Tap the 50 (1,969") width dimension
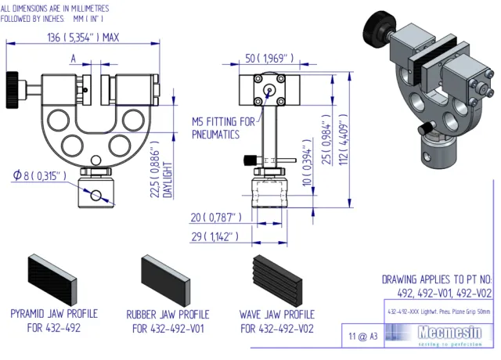pyautogui.click(x=269, y=58)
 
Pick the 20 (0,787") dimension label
pyautogui.click(x=217, y=217)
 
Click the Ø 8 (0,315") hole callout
pyautogui.click(x=37, y=175)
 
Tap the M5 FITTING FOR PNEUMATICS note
pyautogui.click(x=223, y=128)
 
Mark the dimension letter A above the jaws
pyautogui.click(x=74, y=58)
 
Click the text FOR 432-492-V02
pyautogui.click(x=276, y=329)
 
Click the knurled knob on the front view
pyautogui.click(x=13, y=81)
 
